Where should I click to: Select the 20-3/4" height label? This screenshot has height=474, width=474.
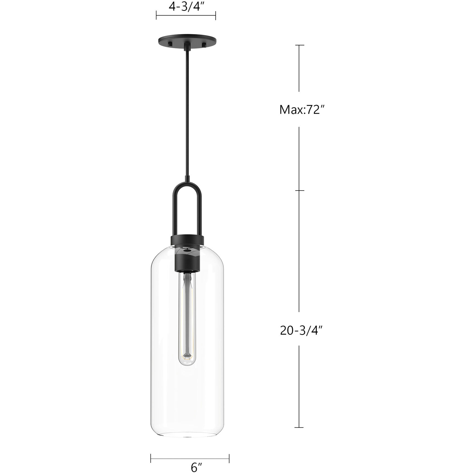coord(302,331)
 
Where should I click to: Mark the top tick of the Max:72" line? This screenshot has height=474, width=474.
coord(299,45)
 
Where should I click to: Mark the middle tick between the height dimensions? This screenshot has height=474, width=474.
coord(299,191)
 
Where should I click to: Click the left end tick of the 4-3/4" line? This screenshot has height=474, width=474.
coord(156,16)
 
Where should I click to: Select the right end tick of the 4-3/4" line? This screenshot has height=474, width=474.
coord(215,16)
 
